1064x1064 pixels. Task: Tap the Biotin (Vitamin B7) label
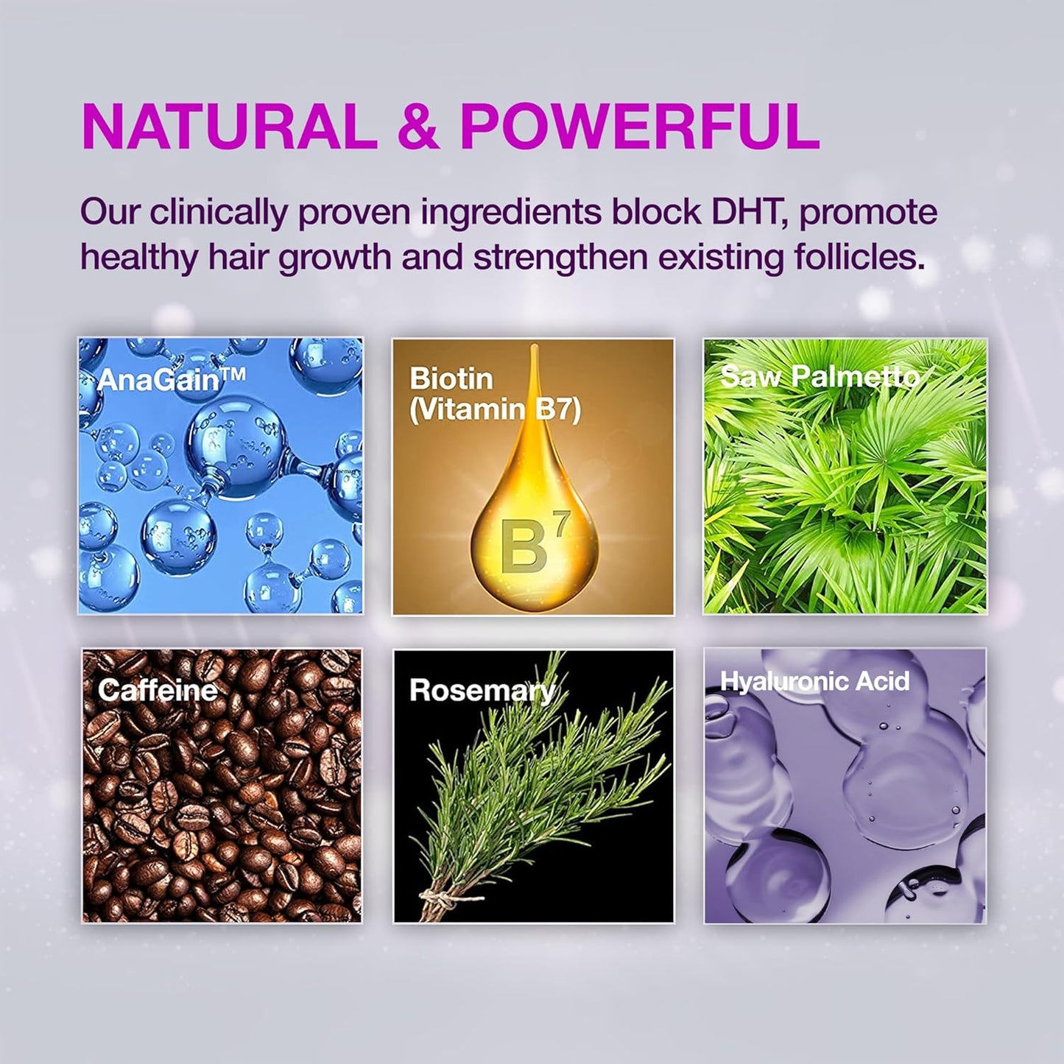pyautogui.click(x=495, y=394)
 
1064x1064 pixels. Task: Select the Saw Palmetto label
pyautogui.click(x=820, y=377)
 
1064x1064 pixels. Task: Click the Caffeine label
pyautogui.click(x=158, y=690)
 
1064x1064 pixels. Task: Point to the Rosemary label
pyautogui.click(x=482, y=691)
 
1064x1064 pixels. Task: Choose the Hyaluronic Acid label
pyautogui.click(x=814, y=681)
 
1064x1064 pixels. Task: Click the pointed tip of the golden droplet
pyautogui.click(x=533, y=345)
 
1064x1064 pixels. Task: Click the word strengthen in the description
pyautogui.click(x=560, y=257)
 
